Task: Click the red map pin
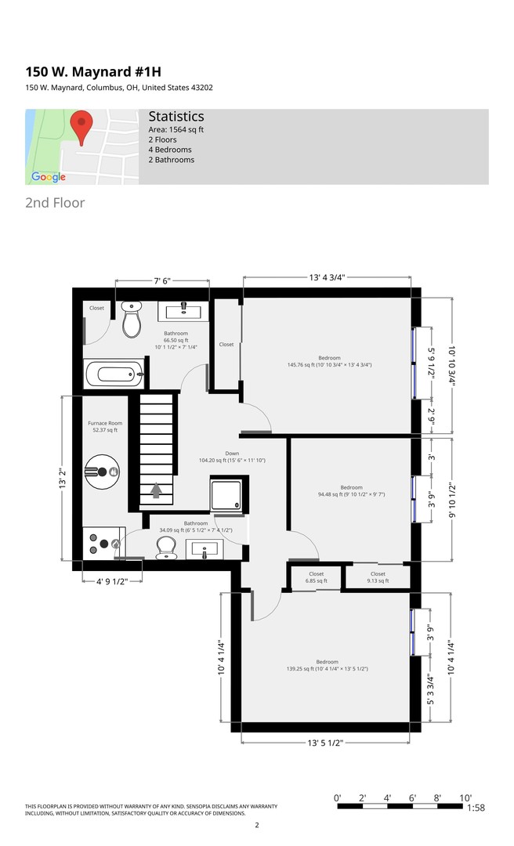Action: point(81,128)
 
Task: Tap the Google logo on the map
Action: point(49,177)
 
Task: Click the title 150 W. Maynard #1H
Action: point(93,72)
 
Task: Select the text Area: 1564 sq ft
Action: point(176,129)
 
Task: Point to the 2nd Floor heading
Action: point(55,203)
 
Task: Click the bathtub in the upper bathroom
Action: point(114,374)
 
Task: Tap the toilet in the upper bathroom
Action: point(131,319)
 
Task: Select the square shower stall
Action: point(226,495)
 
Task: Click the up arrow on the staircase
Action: point(156,490)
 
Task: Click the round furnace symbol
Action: point(102,472)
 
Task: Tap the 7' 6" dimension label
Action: point(162,281)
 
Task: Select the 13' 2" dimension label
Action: point(63,479)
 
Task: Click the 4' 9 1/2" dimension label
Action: point(112,581)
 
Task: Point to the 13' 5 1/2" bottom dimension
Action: point(325,743)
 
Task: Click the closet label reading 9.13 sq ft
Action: point(378,577)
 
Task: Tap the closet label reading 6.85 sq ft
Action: point(317,577)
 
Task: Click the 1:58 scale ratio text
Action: point(476,808)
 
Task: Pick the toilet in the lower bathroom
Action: point(166,548)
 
